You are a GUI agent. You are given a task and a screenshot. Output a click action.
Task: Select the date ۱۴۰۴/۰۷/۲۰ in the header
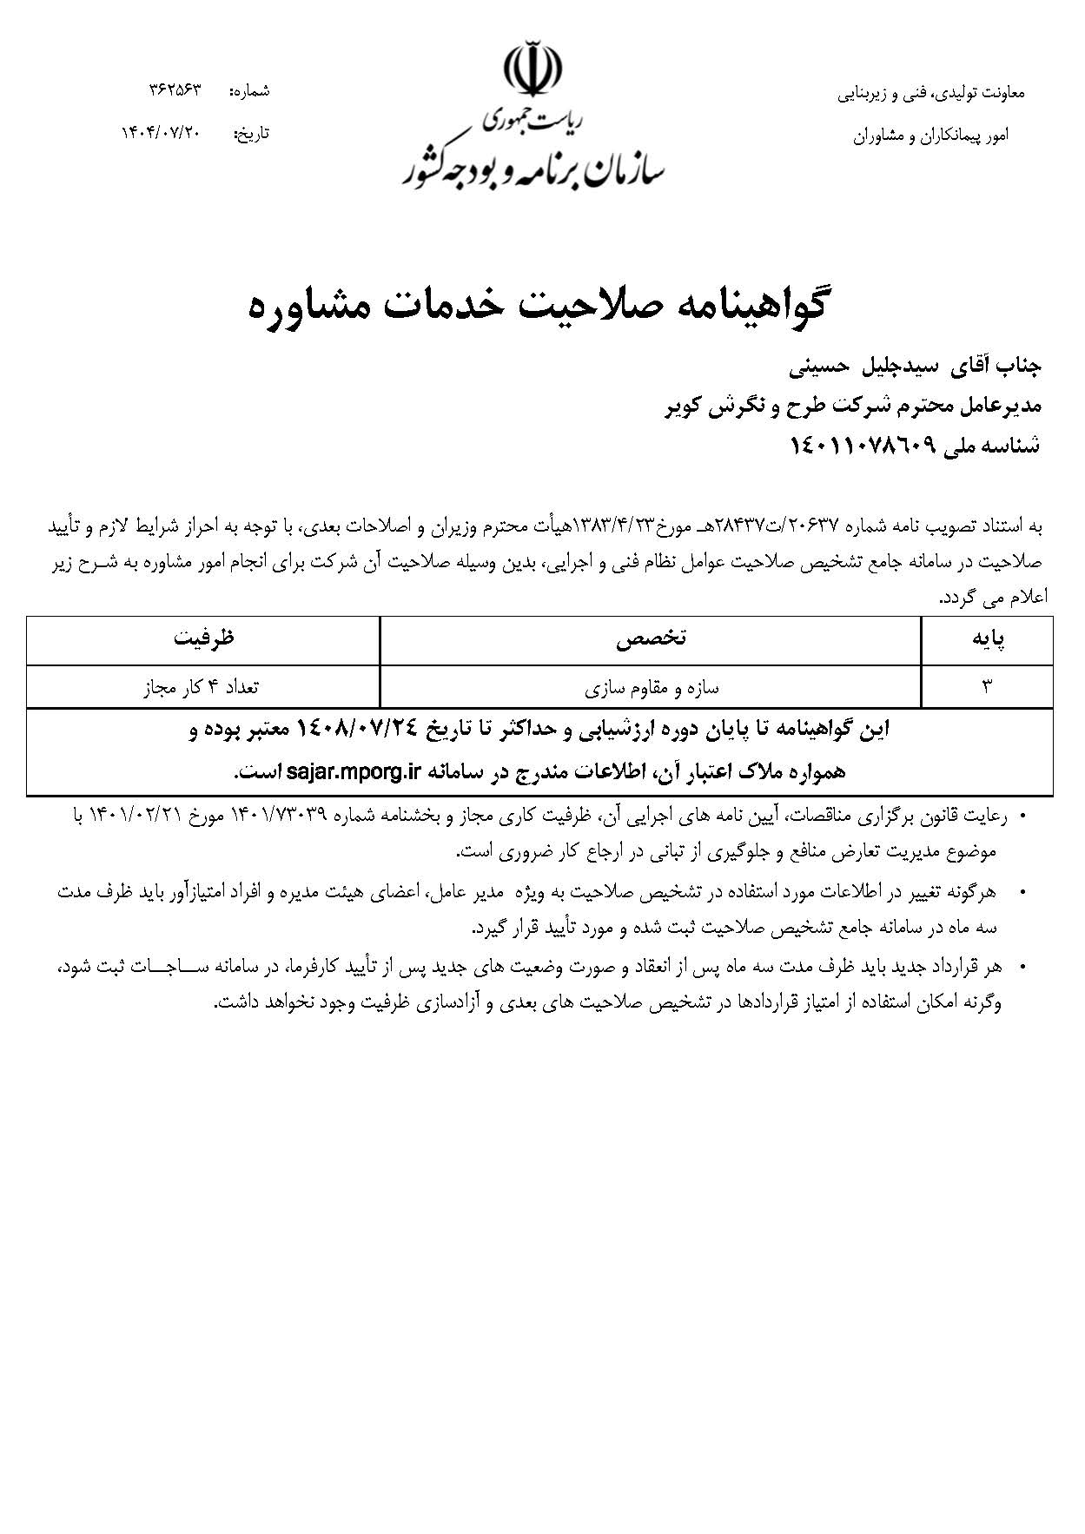pyautogui.click(x=161, y=133)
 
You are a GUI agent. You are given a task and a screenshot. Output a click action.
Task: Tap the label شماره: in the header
pyautogui.click(x=248, y=91)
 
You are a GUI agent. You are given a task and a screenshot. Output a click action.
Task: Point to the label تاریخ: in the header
pyautogui.click(x=252, y=134)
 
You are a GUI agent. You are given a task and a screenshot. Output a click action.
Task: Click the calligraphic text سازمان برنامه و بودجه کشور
pyautogui.click(x=533, y=169)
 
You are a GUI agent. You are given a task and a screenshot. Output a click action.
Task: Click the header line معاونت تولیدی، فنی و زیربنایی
pyautogui.click(x=930, y=94)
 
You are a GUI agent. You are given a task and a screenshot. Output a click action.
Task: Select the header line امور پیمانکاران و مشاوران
pyautogui.click(x=930, y=136)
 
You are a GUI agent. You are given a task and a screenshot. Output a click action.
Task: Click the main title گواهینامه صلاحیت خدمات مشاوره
pyautogui.click(x=538, y=307)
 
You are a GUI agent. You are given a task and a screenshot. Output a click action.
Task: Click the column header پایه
pyautogui.click(x=987, y=640)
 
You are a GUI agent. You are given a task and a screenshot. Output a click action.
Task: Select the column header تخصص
pyautogui.click(x=651, y=639)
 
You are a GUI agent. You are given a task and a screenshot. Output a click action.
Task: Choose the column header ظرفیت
pyautogui.click(x=203, y=639)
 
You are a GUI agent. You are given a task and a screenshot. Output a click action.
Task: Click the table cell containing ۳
pyautogui.click(x=987, y=688)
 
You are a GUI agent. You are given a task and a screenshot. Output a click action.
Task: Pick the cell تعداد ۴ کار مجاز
pyautogui.click(x=202, y=688)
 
